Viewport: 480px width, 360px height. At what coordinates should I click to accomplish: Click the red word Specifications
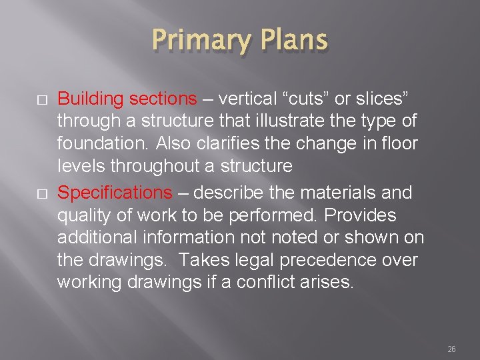pyautogui.click(x=115, y=193)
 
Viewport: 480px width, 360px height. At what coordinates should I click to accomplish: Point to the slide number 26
pyautogui.click(x=451, y=349)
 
